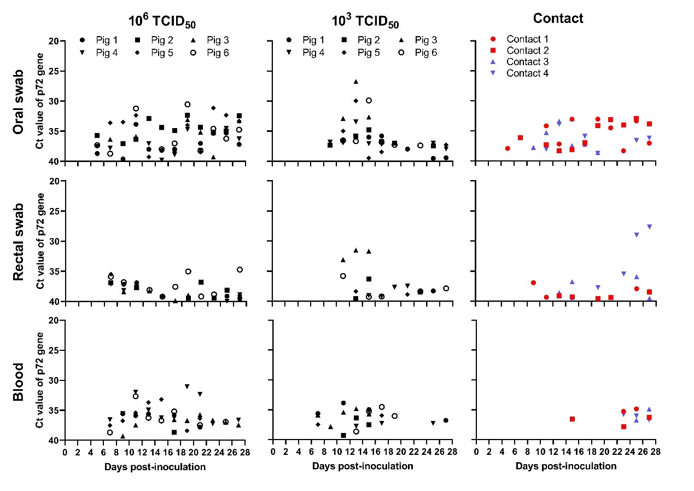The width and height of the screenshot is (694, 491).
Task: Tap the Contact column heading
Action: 558,18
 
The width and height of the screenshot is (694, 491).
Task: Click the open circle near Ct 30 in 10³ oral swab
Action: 369,100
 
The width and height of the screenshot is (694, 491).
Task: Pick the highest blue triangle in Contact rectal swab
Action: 649,226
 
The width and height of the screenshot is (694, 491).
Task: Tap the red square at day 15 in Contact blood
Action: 572,419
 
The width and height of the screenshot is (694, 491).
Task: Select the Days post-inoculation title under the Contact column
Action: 565,466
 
